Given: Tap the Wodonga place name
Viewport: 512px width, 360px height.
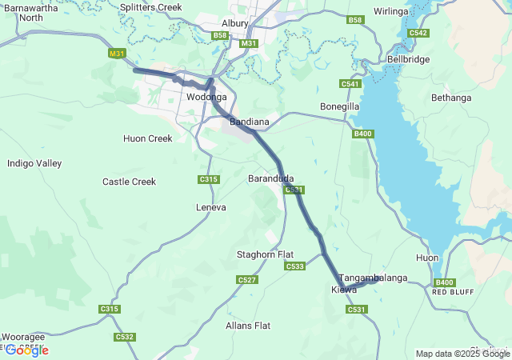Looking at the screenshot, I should (x=206, y=97).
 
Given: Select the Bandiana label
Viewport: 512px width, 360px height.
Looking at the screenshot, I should (x=249, y=122).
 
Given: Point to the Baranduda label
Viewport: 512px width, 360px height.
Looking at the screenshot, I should (x=271, y=178).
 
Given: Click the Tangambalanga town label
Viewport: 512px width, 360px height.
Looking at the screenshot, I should (x=373, y=278).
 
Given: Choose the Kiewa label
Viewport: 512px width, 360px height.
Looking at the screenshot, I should (x=344, y=289).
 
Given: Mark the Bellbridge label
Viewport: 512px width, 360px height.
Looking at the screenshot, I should (x=408, y=59).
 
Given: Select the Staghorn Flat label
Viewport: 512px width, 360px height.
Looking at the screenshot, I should (x=266, y=254).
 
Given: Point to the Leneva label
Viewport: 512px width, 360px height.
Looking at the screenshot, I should (x=211, y=207).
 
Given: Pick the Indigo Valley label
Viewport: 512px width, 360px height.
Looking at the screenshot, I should (x=34, y=163).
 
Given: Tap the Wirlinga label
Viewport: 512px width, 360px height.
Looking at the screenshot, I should (x=390, y=12).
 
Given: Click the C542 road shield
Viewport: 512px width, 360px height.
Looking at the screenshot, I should (x=418, y=33).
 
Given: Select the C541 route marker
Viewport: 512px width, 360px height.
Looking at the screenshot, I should (x=350, y=84).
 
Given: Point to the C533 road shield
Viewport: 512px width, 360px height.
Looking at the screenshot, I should (x=294, y=266).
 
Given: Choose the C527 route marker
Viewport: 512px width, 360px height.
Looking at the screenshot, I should (x=247, y=279).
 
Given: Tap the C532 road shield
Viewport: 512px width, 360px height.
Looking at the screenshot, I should (x=124, y=337).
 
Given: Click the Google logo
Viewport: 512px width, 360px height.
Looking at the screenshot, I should (x=28, y=350).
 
